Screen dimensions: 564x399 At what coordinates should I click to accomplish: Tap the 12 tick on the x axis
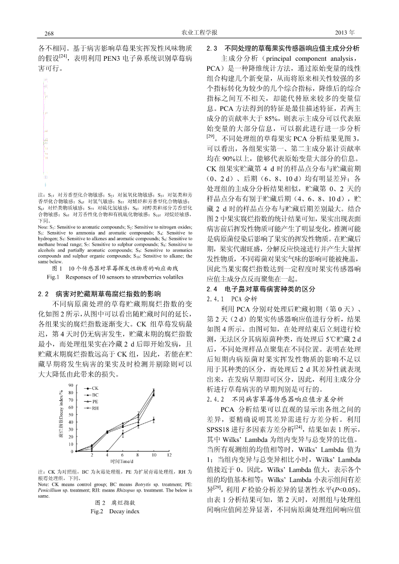tap(169, 455)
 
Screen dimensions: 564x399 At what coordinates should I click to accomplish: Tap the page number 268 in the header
tap(49, 33)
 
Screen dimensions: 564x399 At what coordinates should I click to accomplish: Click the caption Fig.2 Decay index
tap(115, 511)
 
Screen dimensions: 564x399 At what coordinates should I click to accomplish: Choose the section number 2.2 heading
tap(43, 294)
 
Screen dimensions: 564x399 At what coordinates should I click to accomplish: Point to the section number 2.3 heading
tap(212, 49)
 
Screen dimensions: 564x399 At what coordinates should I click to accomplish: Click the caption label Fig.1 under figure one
tap(53, 277)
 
